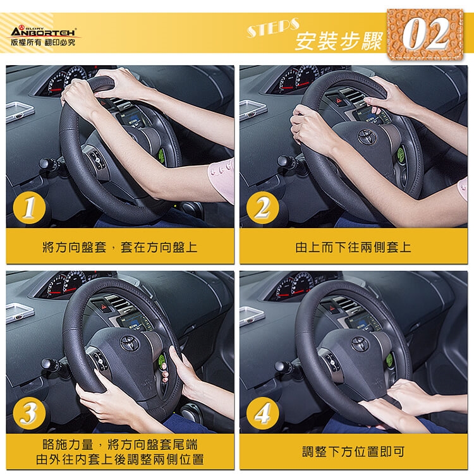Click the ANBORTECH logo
[x=43, y=32]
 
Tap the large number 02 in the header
[x=425, y=34]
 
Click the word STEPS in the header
[x=273, y=27]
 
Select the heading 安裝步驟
[x=339, y=42]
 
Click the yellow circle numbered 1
[x=29, y=207]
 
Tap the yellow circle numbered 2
[x=262, y=207]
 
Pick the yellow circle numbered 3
[x=29, y=413]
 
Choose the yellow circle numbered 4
[x=262, y=413]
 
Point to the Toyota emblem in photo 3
[x=130, y=343]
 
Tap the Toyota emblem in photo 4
[x=360, y=344]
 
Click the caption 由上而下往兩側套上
[x=353, y=247]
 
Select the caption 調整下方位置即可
[x=353, y=452]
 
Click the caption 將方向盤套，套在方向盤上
[x=120, y=247]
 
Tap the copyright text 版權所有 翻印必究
[x=43, y=42]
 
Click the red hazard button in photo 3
[x=104, y=307]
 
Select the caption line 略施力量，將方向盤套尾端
[x=120, y=445]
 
